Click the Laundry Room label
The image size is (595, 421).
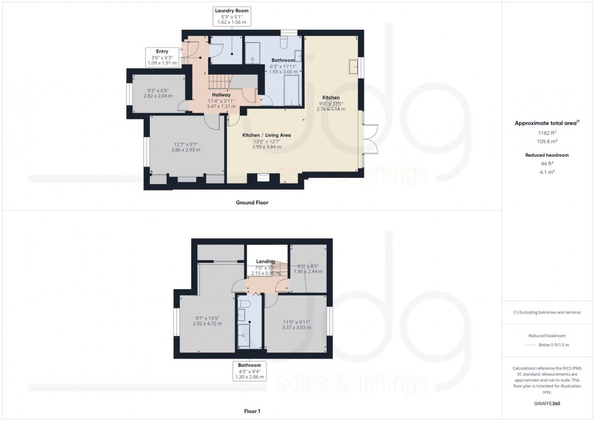(x=231, y=11)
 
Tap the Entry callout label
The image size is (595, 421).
(x=162, y=52)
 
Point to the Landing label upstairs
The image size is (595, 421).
(x=265, y=262)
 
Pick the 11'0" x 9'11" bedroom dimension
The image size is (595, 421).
(x=297, y=322)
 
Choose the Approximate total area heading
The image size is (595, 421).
(x=547, y=123)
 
